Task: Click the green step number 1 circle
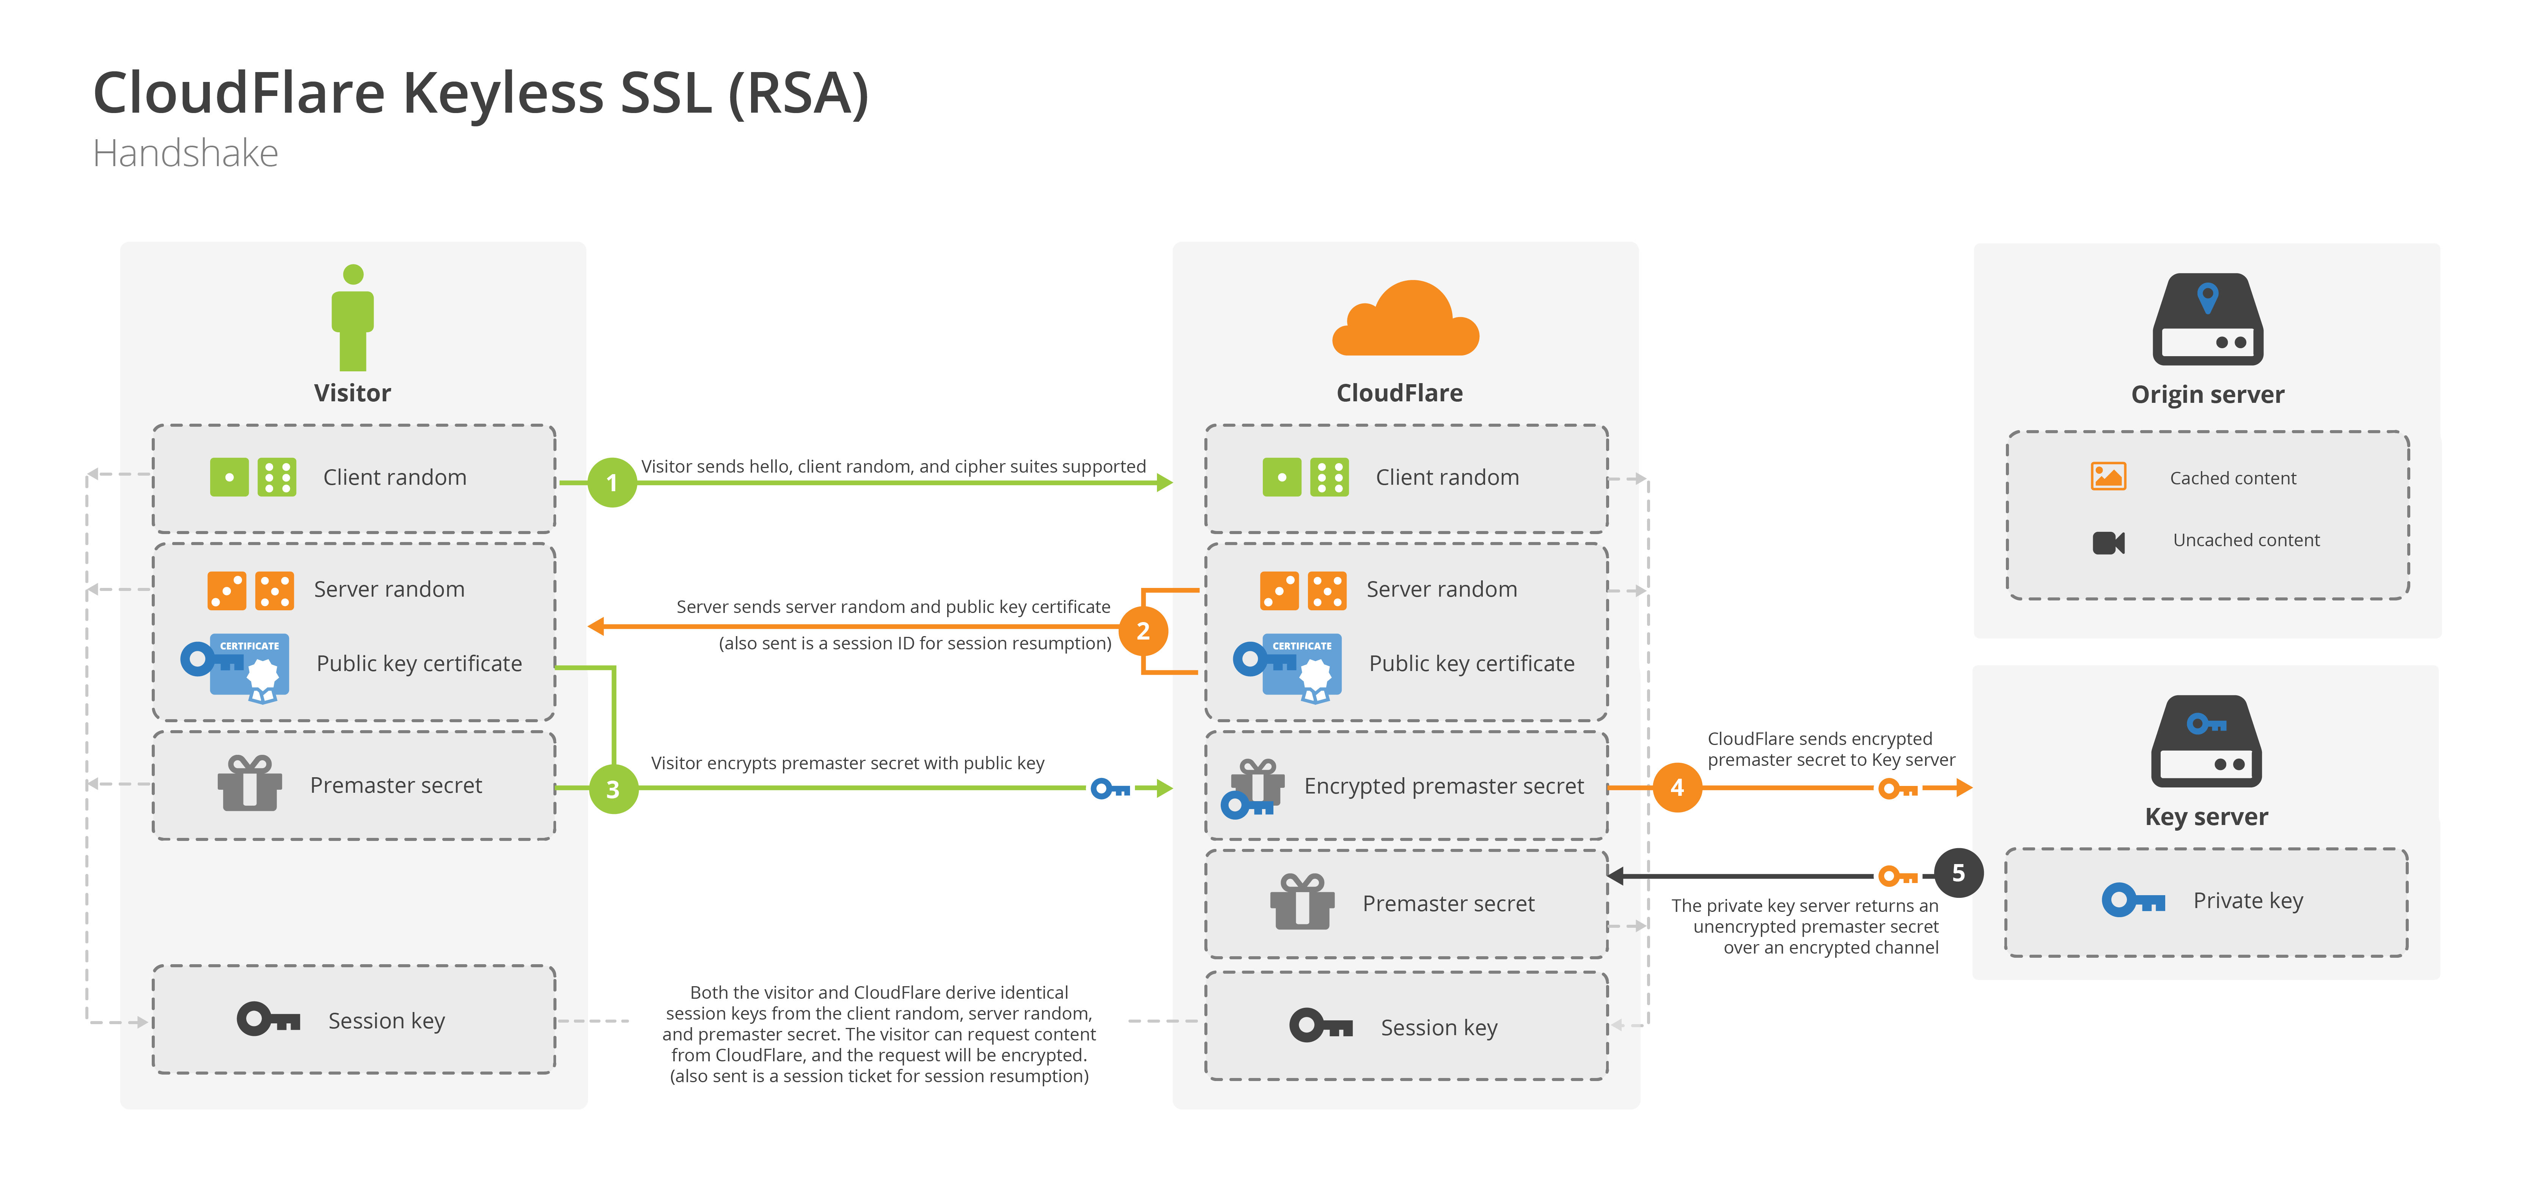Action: [611, 482]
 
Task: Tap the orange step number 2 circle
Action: [1143, 631]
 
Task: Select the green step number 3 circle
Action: [613, 789]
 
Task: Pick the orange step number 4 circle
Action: [1677, 787]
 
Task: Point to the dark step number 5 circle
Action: [1958, 873]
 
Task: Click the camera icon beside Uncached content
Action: [2108, 542]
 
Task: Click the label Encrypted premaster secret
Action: [1443, 786]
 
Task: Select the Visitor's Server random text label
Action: [389, 589]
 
